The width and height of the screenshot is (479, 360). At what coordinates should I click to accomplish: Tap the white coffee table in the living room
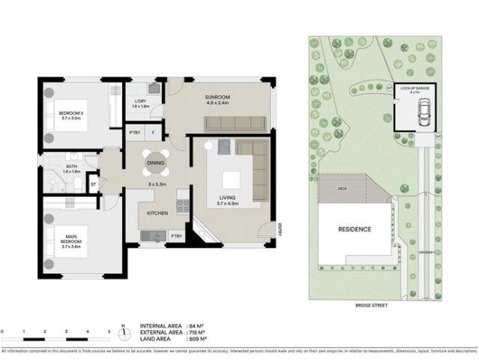[x=231, y=179]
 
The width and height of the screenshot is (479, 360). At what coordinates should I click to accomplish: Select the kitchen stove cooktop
[x=181, y=202]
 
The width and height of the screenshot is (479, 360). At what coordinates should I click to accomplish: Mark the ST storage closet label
[x=94, y=182]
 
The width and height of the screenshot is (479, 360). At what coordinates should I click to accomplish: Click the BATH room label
[x=71, y=168]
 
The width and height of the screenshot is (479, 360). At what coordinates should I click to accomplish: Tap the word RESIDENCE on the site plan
[x=354, y=229]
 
